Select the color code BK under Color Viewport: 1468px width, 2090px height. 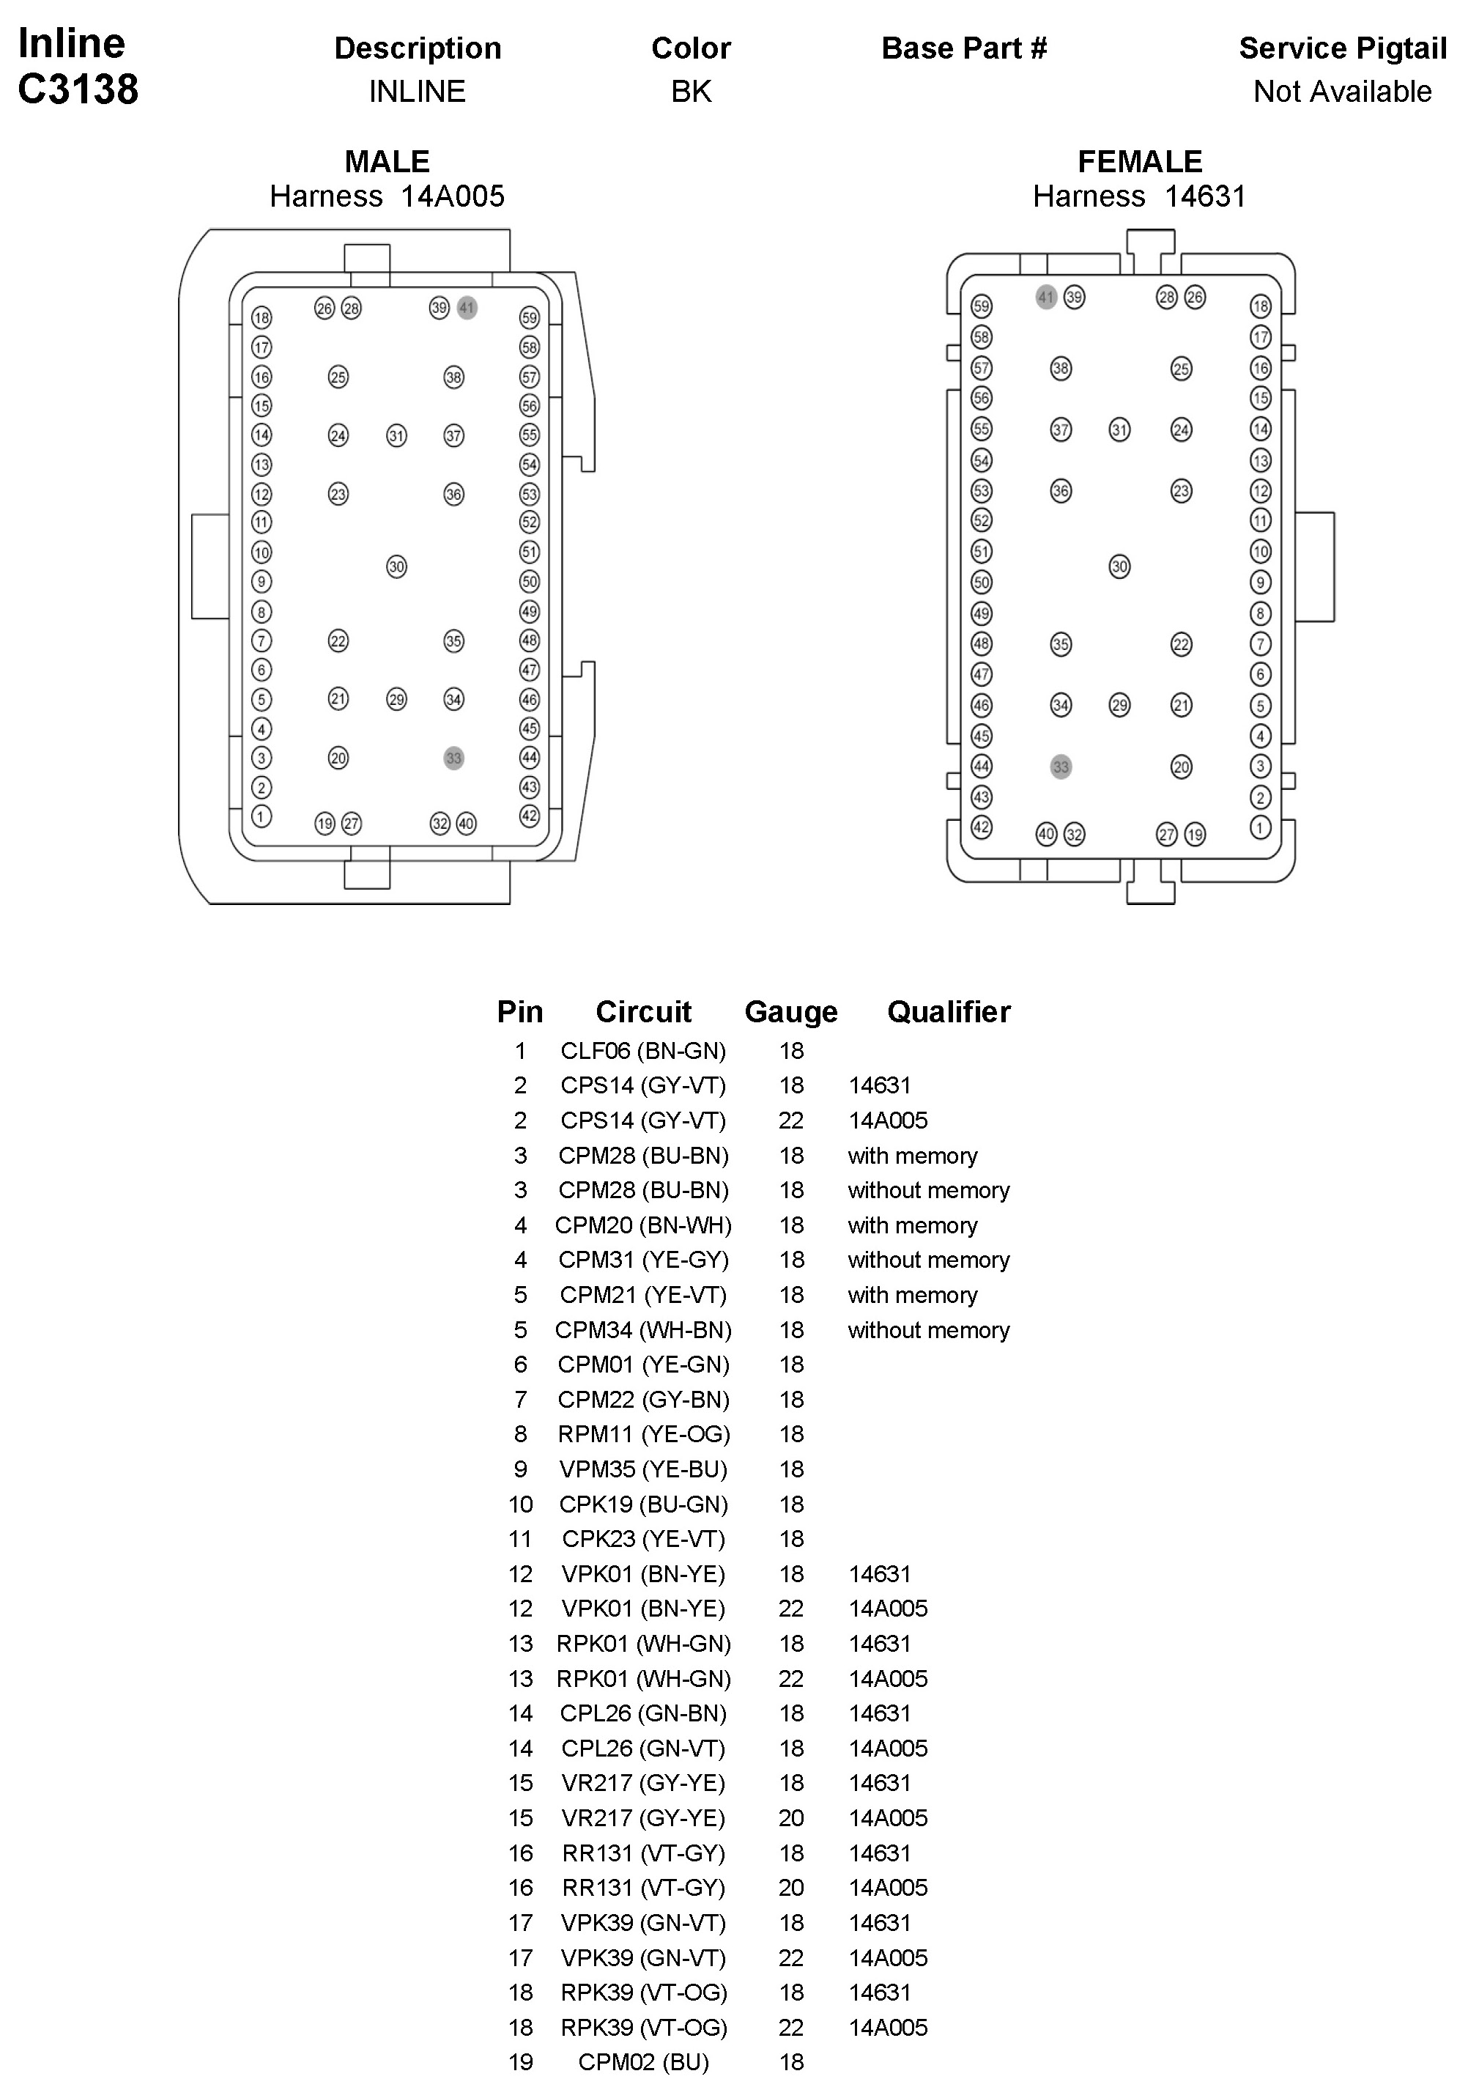691,92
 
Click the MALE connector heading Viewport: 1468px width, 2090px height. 387,162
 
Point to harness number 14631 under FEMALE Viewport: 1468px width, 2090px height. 1205,196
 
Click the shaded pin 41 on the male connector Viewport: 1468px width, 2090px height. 467,308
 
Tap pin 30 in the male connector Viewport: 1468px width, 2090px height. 397,567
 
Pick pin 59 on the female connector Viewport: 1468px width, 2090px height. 981,306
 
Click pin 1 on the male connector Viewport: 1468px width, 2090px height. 262,816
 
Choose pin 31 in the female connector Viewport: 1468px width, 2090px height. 1119,429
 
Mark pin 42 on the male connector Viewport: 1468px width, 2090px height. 530,816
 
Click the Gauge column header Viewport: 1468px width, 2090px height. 791,1012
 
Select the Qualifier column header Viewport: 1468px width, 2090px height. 949,1012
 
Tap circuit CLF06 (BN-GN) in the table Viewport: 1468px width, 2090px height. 643,1052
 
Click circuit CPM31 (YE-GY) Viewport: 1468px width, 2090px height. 643,1260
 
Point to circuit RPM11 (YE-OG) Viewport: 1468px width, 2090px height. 643,1435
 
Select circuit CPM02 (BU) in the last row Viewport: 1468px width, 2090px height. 643,2061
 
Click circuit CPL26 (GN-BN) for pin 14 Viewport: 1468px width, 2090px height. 643,1713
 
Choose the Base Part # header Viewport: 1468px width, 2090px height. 964,48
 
